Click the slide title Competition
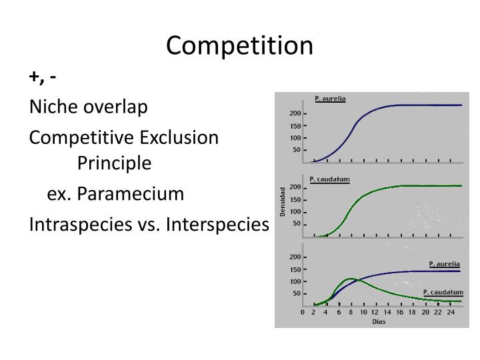(x=239, y=45)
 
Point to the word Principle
(x=114, y=163)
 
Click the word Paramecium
(x=130, y=194)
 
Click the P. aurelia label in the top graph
(x=330, y=99)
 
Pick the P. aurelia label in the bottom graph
(x=444, y=264)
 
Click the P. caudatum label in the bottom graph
(x=443, y=292)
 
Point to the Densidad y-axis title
(x=283, y=201)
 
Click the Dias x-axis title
(x=378, y=321)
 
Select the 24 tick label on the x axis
(x=451, y=311)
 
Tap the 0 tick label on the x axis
(x=302, y=311)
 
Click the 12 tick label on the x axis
(x=376, y=311)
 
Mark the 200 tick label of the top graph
(x=294, y=113)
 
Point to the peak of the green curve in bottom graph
(x=351, y=279)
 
